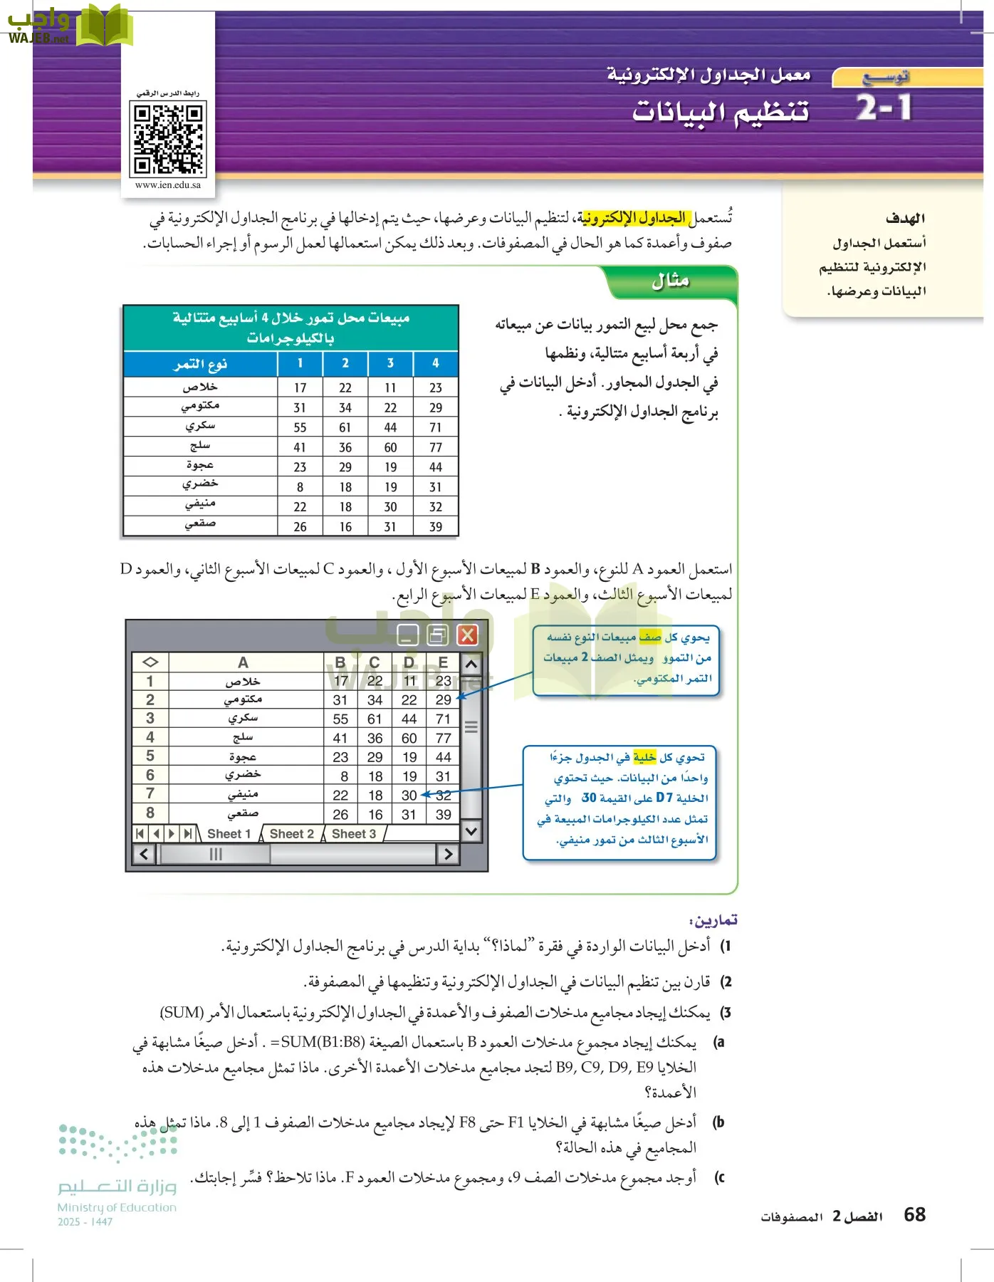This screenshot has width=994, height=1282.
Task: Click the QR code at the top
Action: coord(168,138)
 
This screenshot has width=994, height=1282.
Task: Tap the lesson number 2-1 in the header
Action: coord(884,109)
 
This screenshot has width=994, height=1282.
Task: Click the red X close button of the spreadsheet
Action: coord(467,635)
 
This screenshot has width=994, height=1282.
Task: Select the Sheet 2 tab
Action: coord(292,834)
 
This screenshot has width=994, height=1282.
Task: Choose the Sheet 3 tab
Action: coord(354,834)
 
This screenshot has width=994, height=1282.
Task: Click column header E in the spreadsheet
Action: coord(443,662)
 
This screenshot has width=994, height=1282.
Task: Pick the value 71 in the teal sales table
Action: coord(436,427)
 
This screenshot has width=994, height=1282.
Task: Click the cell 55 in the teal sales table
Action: coord(300,427)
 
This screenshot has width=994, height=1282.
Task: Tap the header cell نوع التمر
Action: coord(201,364)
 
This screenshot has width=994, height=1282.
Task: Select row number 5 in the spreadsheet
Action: coord(150,756)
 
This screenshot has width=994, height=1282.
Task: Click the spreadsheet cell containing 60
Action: coord(409,738)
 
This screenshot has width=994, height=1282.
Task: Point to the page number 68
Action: coord(914,1214)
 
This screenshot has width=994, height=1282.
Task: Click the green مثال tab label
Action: coord(671,281)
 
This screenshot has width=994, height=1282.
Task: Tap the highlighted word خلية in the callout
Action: coord(644,757)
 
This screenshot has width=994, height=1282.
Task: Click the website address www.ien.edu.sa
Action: coord(168,185)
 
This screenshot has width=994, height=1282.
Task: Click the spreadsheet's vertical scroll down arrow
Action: coord(471,831)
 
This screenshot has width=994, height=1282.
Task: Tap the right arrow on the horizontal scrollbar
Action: coord(448,854)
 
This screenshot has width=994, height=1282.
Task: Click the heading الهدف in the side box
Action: coord(905,219)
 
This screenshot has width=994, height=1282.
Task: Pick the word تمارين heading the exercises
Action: coord(714,920)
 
